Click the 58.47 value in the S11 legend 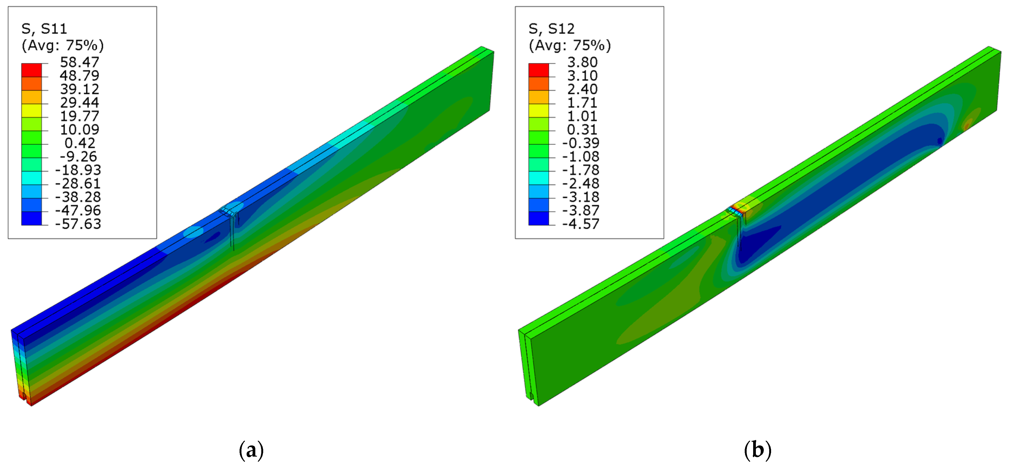point(80,62)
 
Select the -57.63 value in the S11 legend point(78,224)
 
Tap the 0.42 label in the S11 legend point(80,143)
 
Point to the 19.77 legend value point(80,116)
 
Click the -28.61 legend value point(78,183)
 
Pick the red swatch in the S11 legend point(31,70)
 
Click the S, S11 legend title point(44,29)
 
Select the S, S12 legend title point(552,29)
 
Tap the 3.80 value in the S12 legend point(582,62)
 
